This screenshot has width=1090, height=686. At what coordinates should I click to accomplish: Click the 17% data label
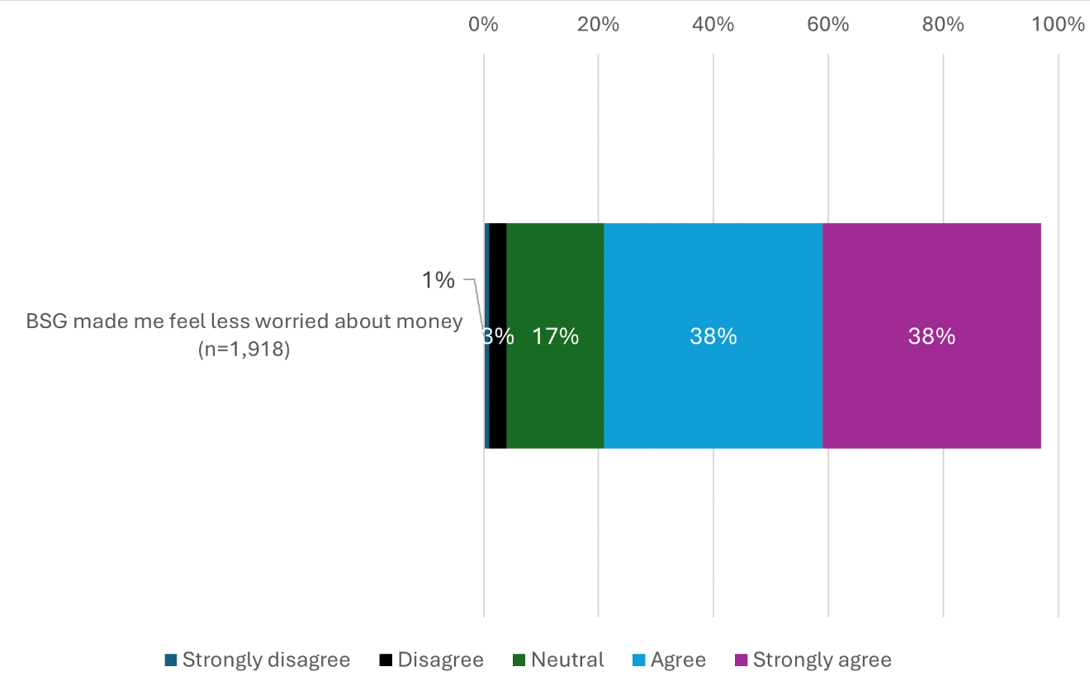click(x=555, y=336)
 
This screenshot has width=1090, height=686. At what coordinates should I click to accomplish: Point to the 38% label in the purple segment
click(x=931, y=336)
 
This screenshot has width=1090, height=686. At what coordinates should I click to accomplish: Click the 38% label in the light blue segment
click(x=713, y=336)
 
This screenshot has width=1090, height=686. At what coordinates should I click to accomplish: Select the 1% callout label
click(x=438, y=281)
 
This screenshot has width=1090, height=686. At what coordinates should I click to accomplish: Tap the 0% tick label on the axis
click(x=483, y=25)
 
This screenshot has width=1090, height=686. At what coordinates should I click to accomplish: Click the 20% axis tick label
click(x=598, y=25)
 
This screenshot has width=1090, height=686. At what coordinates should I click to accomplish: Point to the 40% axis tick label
click(x=713, y=25)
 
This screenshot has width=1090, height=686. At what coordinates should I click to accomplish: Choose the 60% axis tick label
click(x=828, y=25)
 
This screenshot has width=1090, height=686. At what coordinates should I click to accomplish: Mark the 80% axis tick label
click(x=943, y=25)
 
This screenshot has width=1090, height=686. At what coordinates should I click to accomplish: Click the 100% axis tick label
click(x=1058, y=25)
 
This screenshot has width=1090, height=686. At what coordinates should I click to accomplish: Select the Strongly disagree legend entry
click(x=266, y=660)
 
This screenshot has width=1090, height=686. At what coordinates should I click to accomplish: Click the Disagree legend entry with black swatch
click(x=440, y=660)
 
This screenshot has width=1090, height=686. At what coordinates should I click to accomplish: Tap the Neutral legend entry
click(x=567, y=660)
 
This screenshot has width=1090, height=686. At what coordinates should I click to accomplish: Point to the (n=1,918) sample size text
click(x=244, y=349)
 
